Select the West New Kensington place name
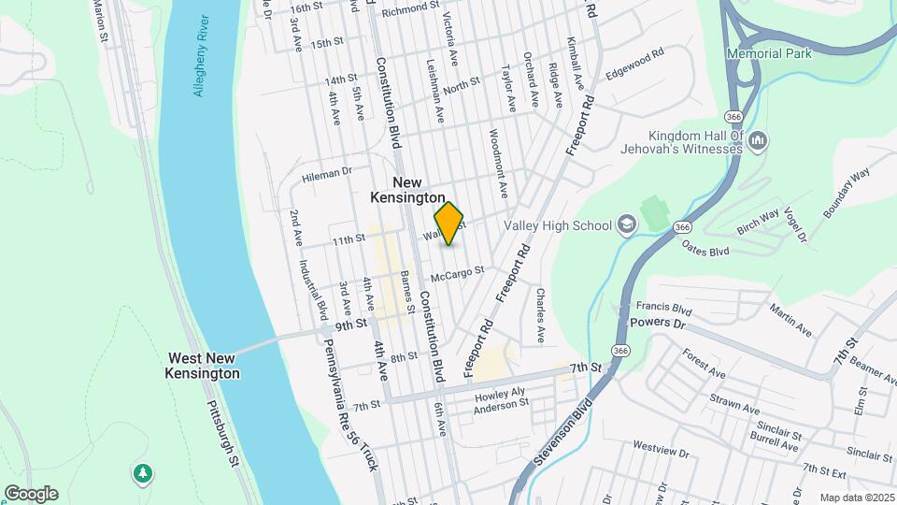(204, 366)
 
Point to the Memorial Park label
(769, 53)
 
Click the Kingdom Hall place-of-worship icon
(758, 141)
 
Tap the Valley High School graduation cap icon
(625, 224)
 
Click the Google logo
(31, 493)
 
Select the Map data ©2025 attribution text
(856, 498)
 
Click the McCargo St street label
(458, 273)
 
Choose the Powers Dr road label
(657, 323)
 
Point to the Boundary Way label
(846, 194)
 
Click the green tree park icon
(142, 474)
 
